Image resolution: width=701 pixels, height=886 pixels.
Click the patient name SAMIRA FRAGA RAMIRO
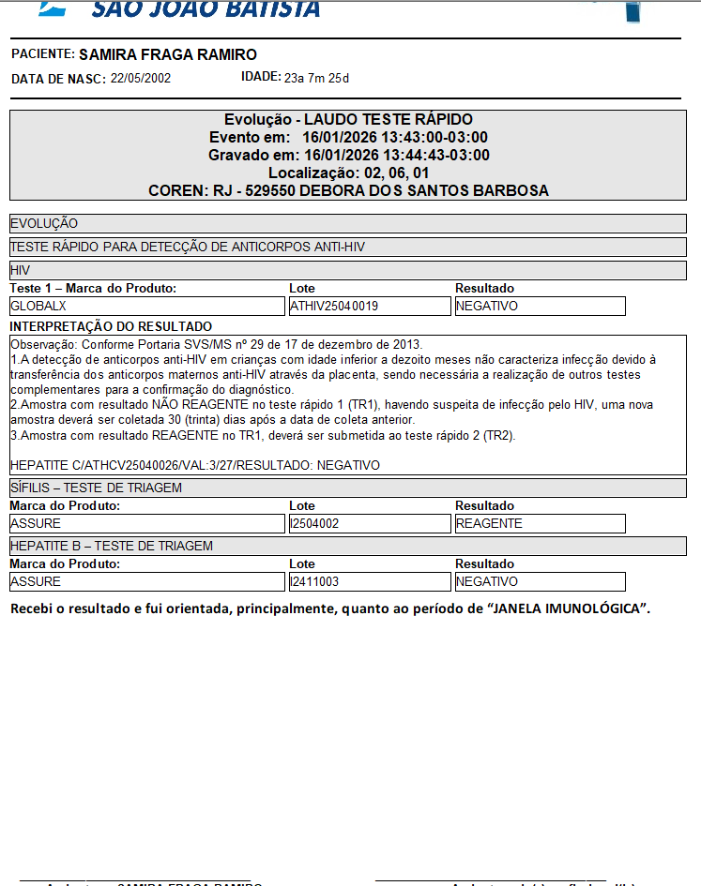(168, 54)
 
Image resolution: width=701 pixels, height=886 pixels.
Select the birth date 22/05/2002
(141, 79)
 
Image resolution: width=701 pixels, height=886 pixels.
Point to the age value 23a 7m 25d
(316, 78)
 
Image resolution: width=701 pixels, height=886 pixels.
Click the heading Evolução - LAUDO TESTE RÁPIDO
(348, 120)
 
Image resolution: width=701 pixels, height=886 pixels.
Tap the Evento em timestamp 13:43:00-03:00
(415, 138)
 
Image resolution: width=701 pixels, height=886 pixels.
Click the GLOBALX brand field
(38, 306)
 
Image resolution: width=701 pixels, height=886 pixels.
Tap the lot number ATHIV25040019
(334, 306)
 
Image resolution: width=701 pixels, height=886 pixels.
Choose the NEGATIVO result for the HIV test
(486, 306)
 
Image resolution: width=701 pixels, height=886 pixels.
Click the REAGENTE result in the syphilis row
(489, 523)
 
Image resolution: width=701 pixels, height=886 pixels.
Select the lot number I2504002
(314, 523)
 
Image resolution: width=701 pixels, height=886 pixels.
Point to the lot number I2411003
(314, 581)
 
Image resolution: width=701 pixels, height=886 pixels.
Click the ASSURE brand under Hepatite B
(36, 581)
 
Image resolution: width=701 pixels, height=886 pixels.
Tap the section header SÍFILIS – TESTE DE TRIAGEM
(96, 488)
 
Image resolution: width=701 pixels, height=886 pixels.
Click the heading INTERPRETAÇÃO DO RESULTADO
(111, 326)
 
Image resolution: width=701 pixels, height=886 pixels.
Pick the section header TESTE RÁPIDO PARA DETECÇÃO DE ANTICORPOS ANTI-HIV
(187, 247)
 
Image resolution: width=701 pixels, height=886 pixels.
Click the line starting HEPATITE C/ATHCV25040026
(194, 465)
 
